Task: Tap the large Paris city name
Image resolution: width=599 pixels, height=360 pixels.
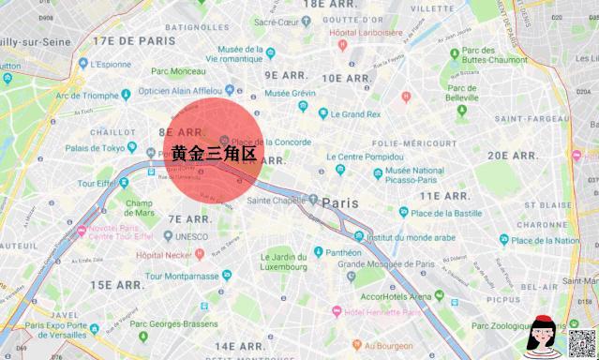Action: [x=340, y=202]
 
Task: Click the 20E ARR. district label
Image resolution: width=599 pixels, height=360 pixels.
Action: [x=511, y=156]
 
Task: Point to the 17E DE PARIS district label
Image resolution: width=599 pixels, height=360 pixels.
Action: [x=133, y=41]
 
